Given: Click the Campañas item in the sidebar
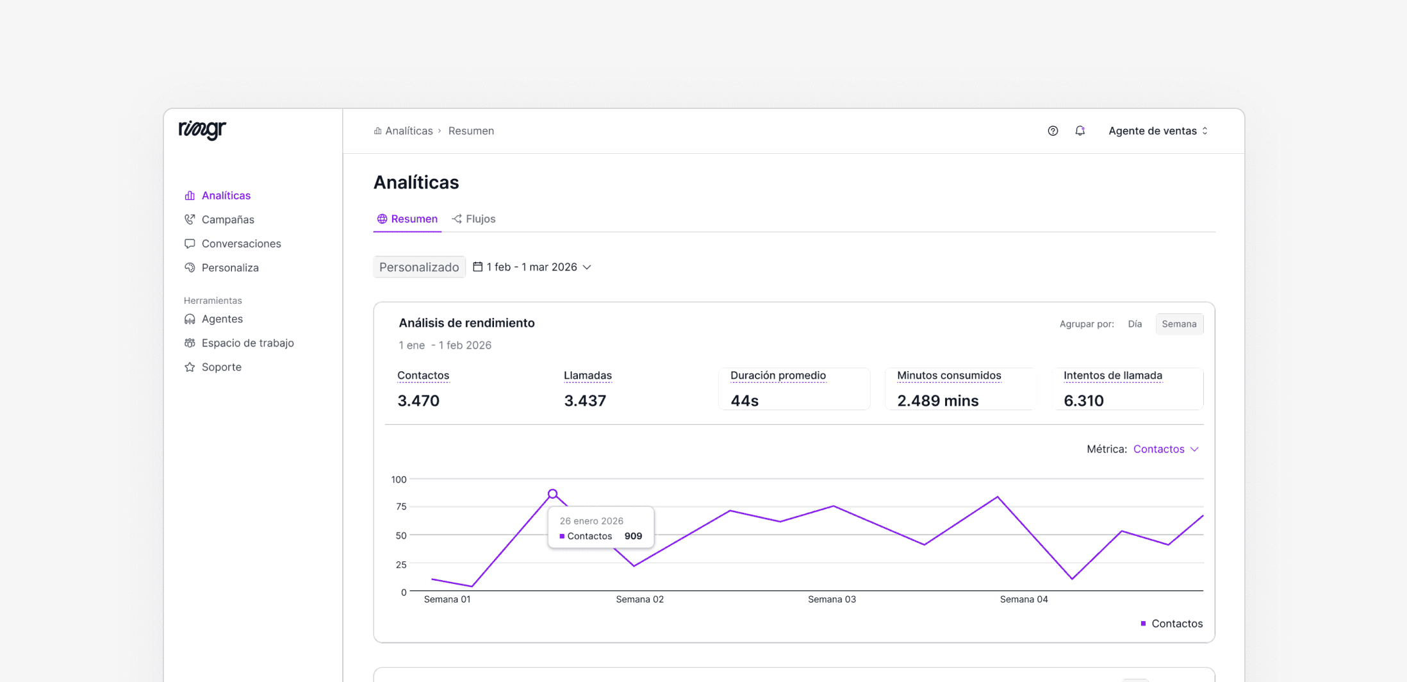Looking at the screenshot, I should click(227, 219).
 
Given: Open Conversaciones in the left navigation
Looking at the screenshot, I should click(241, 244).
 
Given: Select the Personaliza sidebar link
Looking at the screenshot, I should click(230, 268).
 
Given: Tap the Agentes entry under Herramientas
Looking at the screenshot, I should click(222, 319).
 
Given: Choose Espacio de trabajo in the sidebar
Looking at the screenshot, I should click(247, 343).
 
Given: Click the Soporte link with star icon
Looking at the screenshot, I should click(221, 367).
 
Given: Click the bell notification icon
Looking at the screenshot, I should click(1080, 131).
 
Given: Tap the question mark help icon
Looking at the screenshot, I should click(1053, 131).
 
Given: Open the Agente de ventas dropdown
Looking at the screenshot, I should click(1158, 131).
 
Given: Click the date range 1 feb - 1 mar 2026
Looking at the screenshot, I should click(532, 267).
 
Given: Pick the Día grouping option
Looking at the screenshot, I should click(1135, 324).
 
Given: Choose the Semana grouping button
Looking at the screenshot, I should click(1179, 324).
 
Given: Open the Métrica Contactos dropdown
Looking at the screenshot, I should click(1165, 449).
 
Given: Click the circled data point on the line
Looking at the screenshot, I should click(553, 494).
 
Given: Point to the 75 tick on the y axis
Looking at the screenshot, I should click(401, 507).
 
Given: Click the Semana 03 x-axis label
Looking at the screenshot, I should click(832, 599).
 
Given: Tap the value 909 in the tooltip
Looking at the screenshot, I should click(633, 536).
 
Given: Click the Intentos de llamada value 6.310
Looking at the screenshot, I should click(1083, 401).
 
